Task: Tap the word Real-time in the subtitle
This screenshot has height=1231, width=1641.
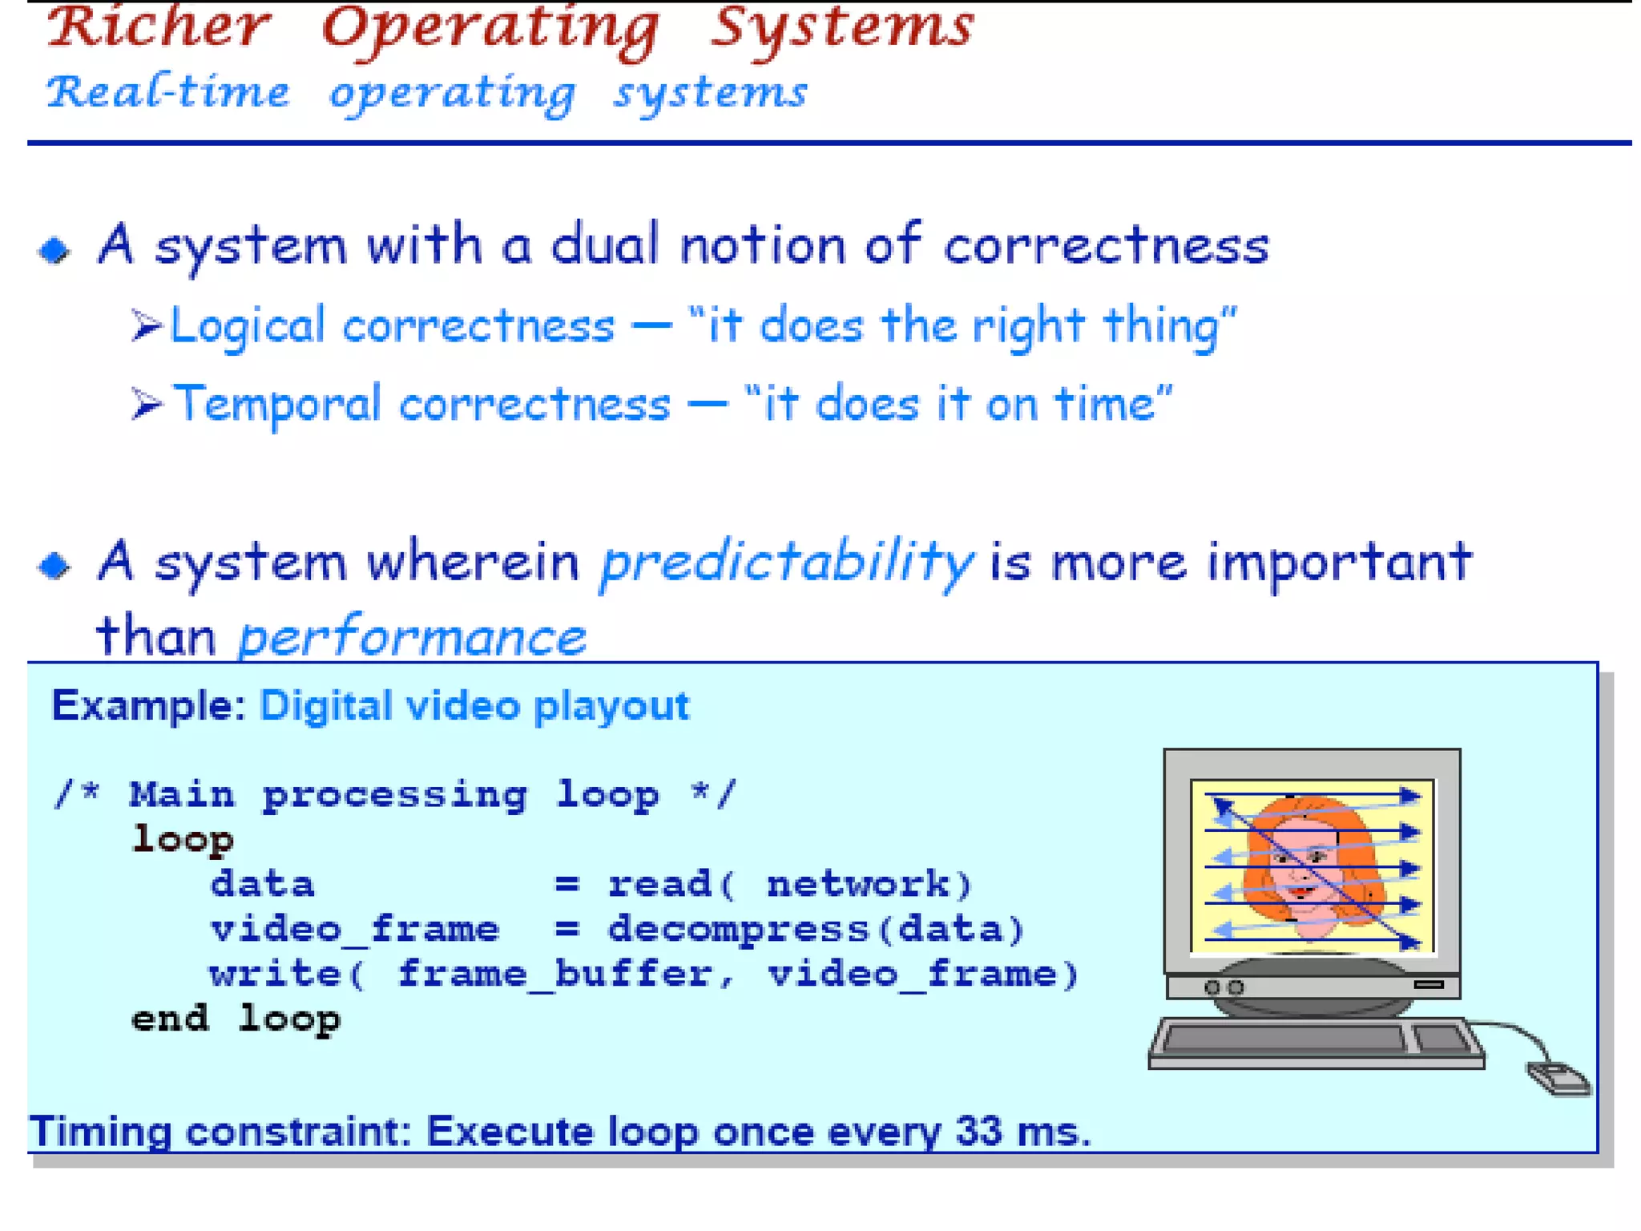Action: click(168, 92)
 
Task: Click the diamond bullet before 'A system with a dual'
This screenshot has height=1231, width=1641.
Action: click(54, 250)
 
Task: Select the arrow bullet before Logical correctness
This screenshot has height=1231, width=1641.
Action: click(147, 326)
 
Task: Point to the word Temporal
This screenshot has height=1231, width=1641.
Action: click(277, 403)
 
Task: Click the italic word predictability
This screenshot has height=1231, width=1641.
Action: click(786, 562)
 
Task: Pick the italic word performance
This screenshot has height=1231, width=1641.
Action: click(412, 638)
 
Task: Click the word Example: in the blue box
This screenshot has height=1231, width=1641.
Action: click(148, 706)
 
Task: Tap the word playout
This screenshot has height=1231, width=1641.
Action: click(611, 706)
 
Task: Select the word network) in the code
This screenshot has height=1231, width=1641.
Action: click(869, 884)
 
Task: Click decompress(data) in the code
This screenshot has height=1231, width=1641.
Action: click(816, 929)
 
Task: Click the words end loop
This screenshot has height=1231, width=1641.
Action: click(236, 1019)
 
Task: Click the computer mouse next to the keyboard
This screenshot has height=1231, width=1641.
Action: click(1558, 1077)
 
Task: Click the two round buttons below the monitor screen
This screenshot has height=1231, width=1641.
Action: click(1224, 987)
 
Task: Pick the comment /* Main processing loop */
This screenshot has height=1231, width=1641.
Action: click(393, 794)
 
